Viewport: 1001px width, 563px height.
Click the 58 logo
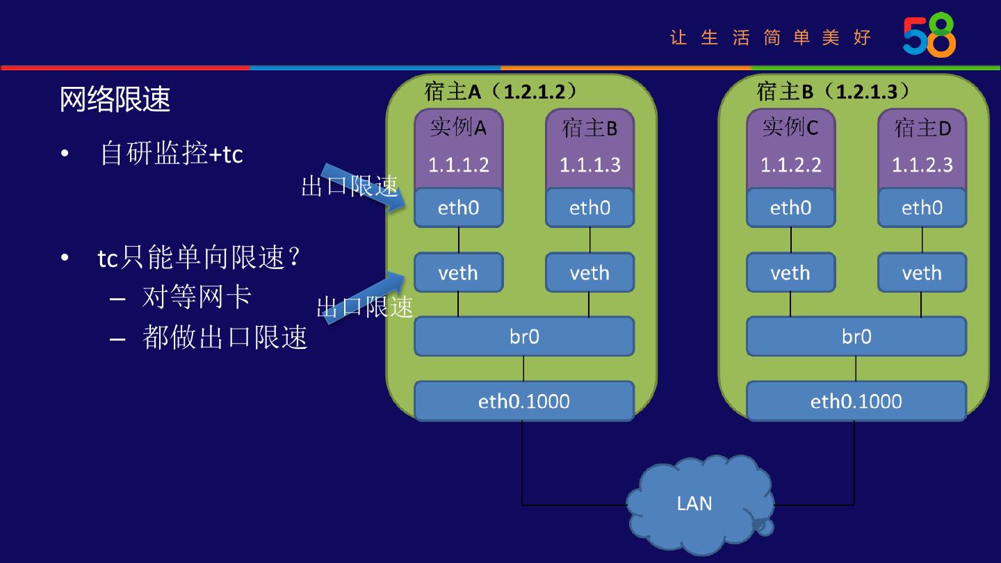[929, 35]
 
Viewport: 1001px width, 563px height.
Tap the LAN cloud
[695, 503]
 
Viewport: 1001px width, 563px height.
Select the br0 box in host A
[524, 337]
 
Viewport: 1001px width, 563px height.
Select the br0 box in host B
[856, 337]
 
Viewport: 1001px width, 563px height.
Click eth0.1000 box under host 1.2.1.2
[524, 401]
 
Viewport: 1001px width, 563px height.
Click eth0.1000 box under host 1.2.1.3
[856, 401]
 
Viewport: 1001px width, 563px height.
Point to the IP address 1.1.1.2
[459, 165]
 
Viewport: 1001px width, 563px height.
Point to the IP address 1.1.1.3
[590, 165]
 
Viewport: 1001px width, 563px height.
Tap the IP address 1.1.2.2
[791, 165]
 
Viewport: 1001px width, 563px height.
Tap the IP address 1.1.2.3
[922, 165]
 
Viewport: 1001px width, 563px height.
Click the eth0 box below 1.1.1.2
[459, 208]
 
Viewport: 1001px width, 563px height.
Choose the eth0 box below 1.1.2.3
[922, 208]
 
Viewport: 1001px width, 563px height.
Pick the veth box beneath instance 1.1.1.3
[590, 272]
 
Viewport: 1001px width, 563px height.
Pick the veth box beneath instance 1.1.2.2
[791, 272]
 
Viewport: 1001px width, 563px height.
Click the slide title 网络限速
[115, 99]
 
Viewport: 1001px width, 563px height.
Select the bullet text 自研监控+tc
[172, 153]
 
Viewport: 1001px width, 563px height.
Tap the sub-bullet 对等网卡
[197, 297]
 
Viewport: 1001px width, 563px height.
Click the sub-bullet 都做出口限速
[225, 337]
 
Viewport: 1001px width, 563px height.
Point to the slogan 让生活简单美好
[770, 37]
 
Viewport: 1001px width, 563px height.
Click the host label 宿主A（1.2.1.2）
[500, 91]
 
